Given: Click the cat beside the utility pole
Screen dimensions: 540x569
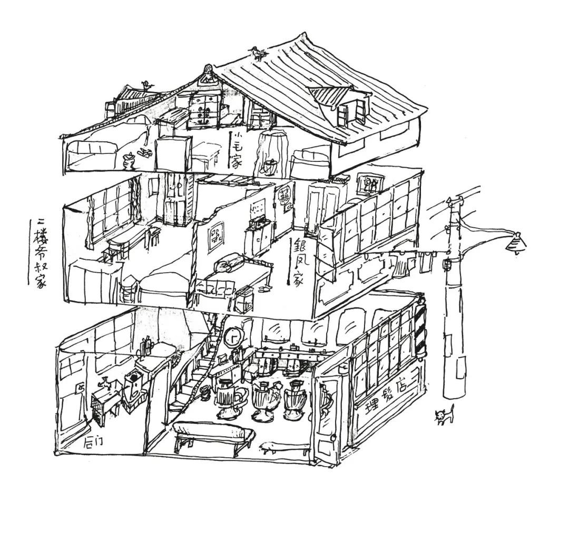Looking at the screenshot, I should (444, 416).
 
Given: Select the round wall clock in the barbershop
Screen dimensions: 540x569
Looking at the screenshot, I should (233, 337).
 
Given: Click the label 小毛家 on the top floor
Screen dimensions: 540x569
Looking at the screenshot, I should (235, 150).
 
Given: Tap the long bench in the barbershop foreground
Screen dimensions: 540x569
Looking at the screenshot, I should (213, 433).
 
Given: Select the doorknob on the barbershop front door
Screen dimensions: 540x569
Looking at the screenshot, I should (333, 437).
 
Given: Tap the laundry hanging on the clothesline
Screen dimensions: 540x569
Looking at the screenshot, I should (411, 261).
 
